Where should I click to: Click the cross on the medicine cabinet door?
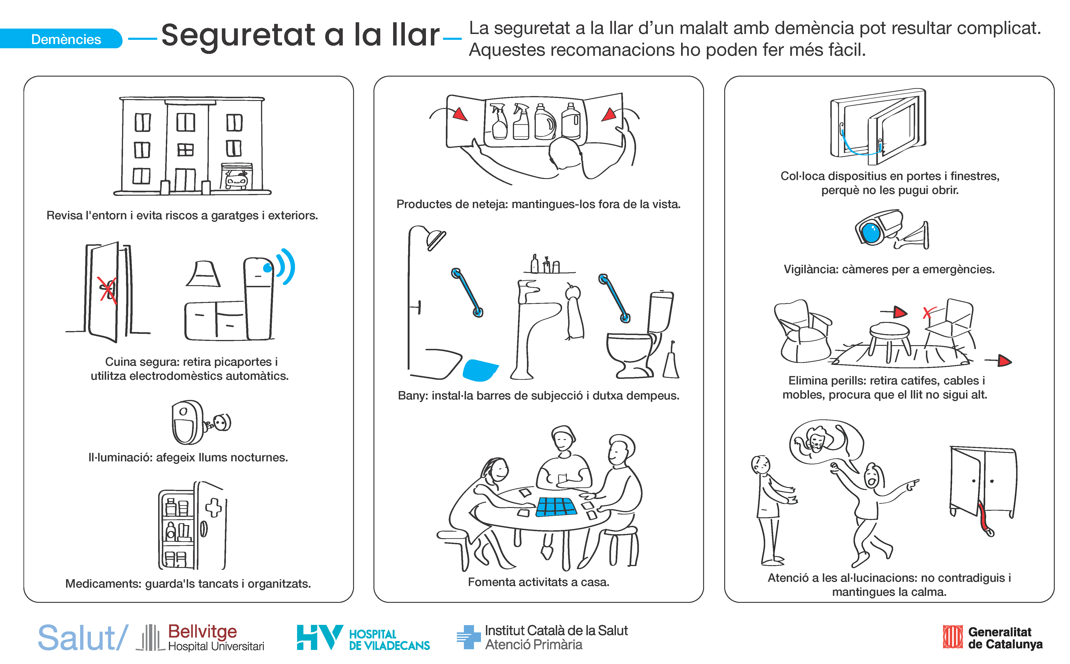pos(214,507)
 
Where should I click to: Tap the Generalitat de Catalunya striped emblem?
pos(953,637)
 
